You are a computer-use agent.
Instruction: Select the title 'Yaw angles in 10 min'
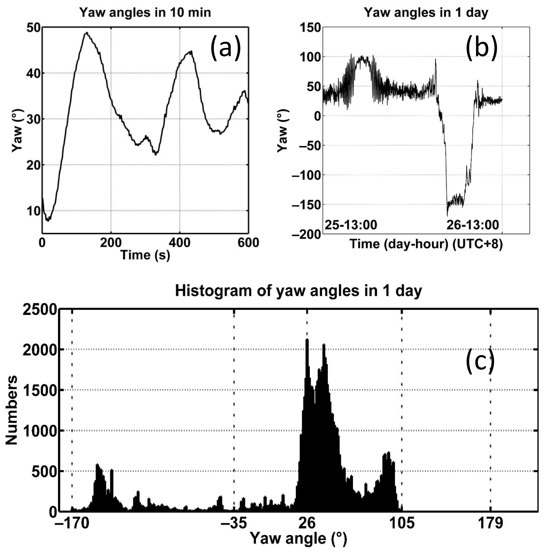pyautogui.click(x=145, y=13)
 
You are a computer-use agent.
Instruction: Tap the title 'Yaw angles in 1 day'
pyautogui.click(x=426, y=13)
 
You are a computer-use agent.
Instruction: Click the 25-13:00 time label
pyautogui.click(x=351, y=225)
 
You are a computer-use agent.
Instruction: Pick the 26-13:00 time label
pyautogui.click(x=473, y=225)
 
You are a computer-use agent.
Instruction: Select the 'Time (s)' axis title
pyautogui.click(x=145, y=255)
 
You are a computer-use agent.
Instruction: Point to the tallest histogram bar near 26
pyautogui.click(x=307, y=340)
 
